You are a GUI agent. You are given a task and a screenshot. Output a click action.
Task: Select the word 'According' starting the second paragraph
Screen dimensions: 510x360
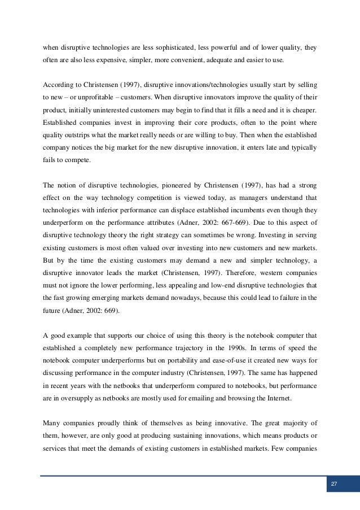(x=58, y=85)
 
